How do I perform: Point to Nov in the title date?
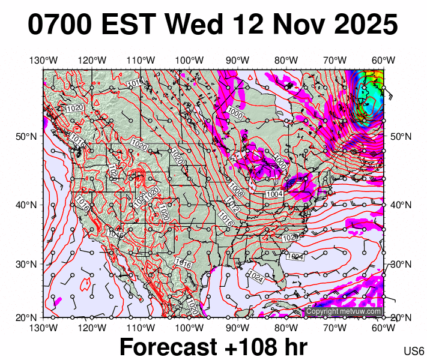coord(295,25)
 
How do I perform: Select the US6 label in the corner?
coord(414,351)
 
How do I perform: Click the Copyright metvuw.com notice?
coord(344,311)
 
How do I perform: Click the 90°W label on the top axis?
coord(238,60)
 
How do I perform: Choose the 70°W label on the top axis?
coord(335,60)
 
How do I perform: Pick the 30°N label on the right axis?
coord(401,264)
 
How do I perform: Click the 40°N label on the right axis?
coord(401,205)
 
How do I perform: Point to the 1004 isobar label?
coord(274,194)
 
